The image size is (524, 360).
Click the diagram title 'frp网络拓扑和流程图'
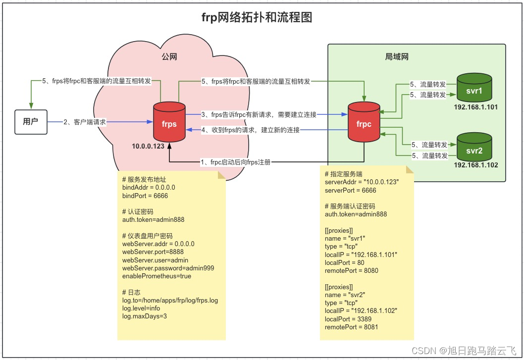click(257, 18)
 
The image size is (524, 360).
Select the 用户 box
click(31, 122)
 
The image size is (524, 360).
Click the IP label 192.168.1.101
click(475, 107)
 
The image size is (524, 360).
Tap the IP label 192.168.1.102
click(475, 165)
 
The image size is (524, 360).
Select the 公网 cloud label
click(169, 57)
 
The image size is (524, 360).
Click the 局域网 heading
click(397, 56)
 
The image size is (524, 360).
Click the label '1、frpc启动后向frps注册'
click(235, 162)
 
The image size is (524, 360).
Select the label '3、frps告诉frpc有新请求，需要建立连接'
click(259, 114)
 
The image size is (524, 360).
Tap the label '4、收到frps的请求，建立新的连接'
click(251, 130)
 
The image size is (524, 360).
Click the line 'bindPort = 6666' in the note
click(145, 196)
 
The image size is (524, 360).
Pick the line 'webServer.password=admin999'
click(168, 268)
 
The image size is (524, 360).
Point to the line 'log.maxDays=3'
click(145, 316)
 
